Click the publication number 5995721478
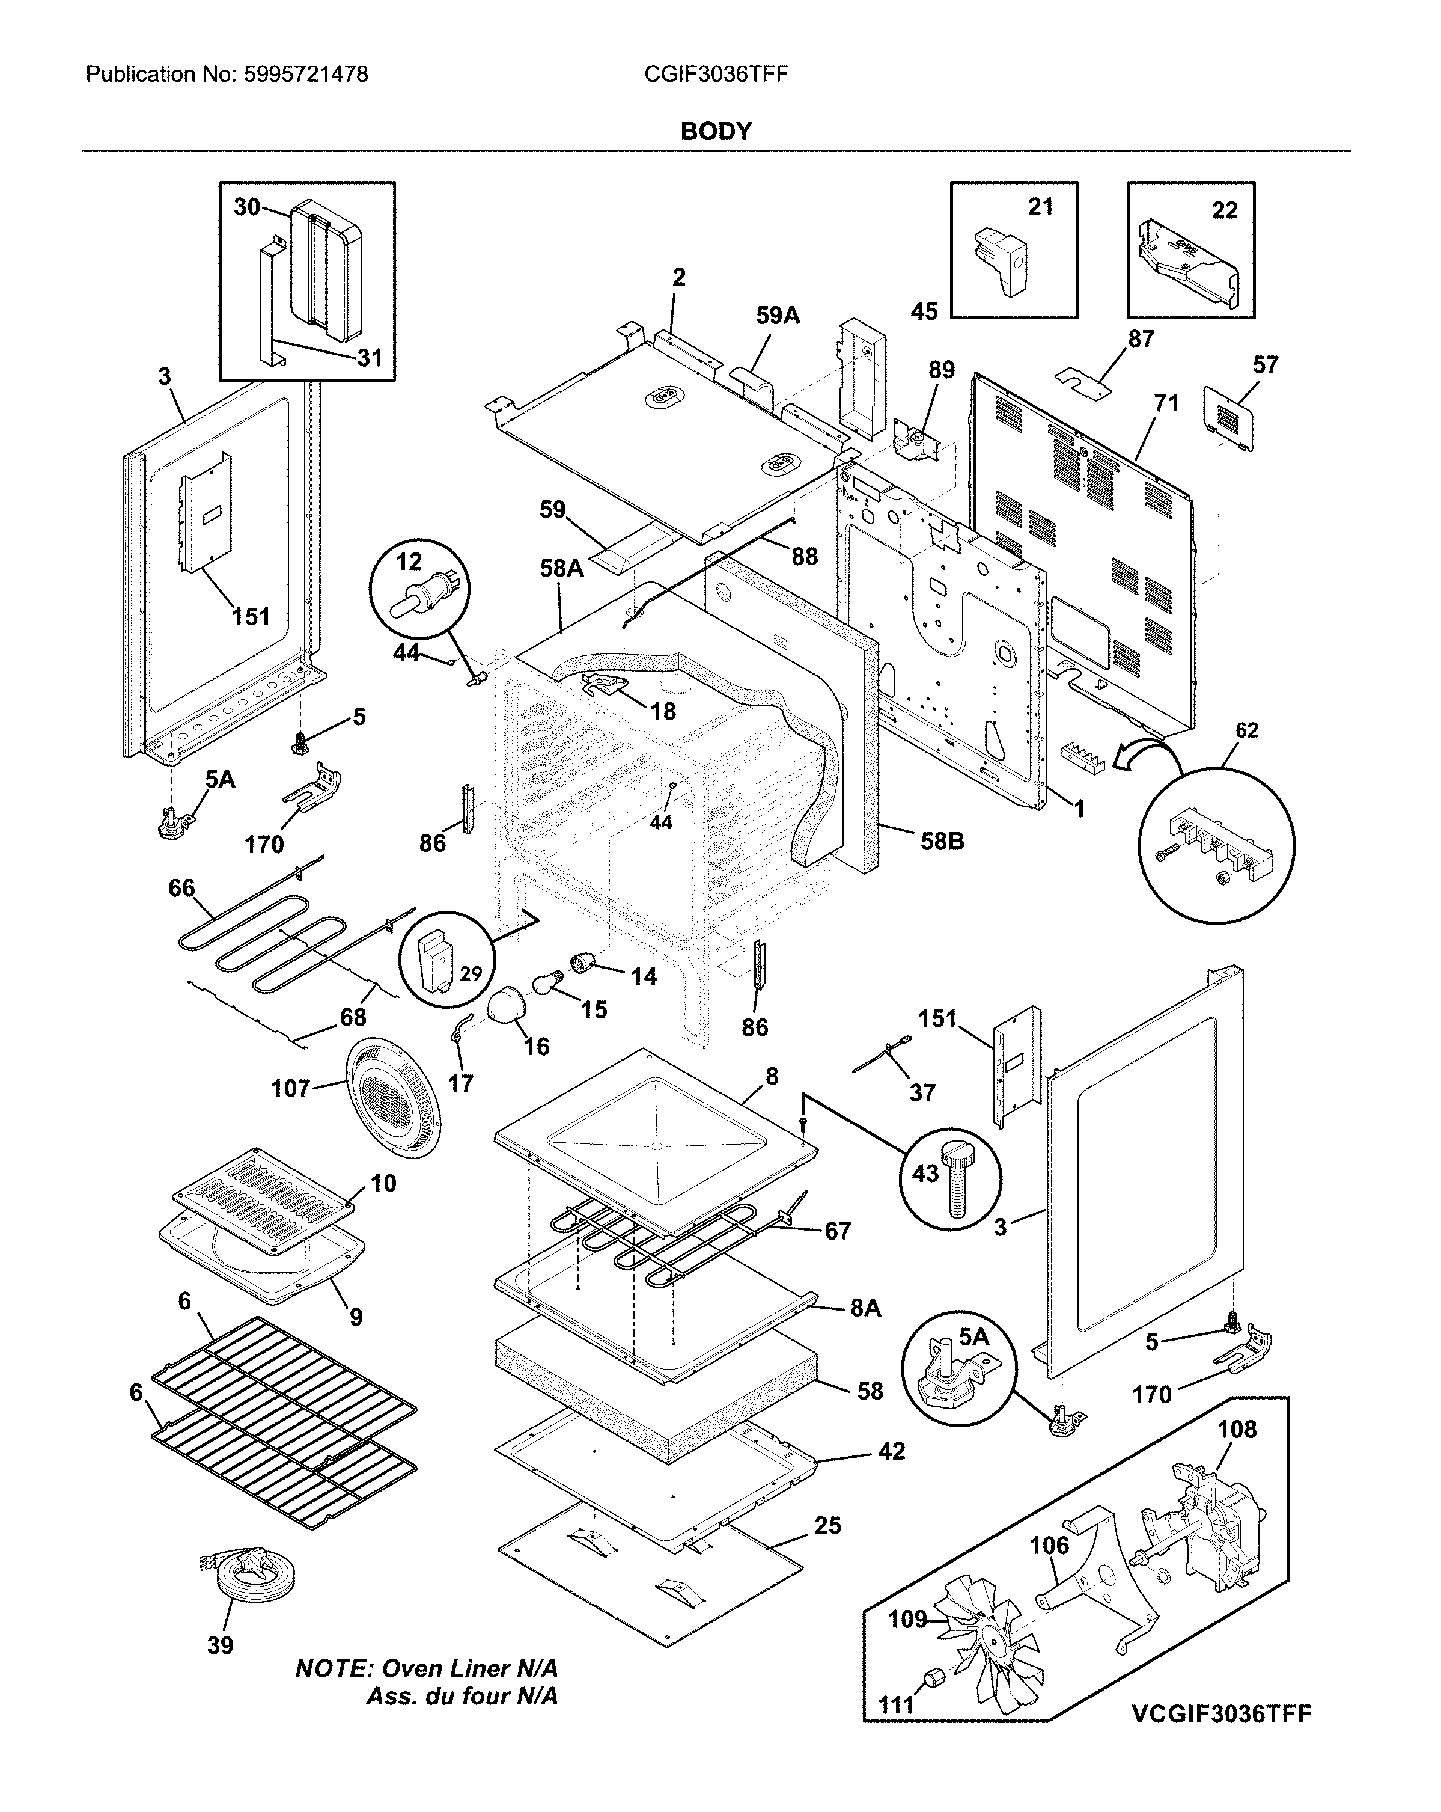306,75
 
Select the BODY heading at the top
716,131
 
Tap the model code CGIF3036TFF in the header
716,75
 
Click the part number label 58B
942,840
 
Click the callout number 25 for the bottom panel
827,1525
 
